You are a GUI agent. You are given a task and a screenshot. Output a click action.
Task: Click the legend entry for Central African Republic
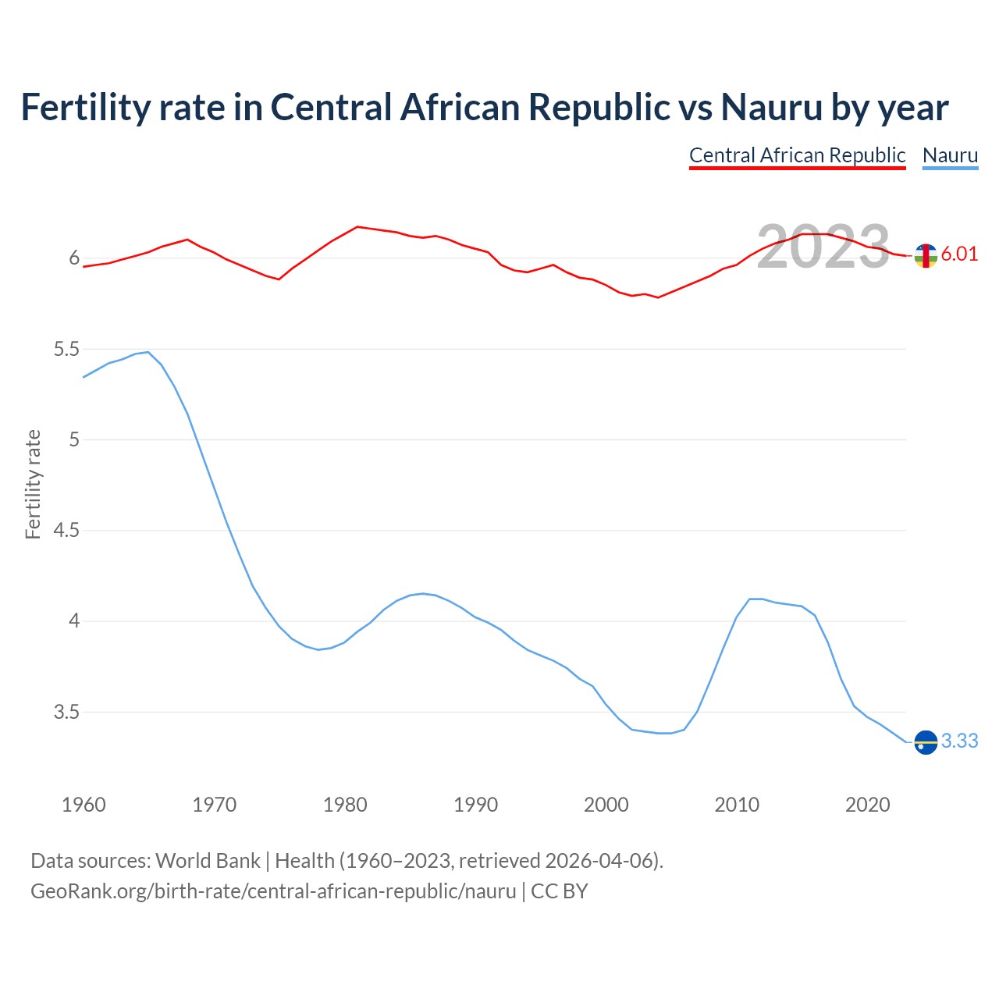(797, 155)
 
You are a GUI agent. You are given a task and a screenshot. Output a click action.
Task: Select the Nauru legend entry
(950, 155)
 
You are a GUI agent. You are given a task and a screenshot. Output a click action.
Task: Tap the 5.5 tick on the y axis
(66, 349)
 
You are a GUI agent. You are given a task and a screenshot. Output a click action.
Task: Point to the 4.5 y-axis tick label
(66, 531)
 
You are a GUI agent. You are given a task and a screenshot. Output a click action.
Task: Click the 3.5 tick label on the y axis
(66, 713)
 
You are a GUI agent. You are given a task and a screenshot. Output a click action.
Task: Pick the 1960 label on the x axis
(84, 805)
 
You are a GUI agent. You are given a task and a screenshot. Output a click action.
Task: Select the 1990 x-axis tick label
(475, 805)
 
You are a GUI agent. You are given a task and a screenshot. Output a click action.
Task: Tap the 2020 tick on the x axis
(867, 805)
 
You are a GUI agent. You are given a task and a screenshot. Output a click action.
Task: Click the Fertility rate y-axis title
(33, 484)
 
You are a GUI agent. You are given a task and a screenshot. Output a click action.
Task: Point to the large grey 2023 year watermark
(823, 247)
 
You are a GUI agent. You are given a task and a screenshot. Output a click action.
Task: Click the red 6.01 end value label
(959, 254)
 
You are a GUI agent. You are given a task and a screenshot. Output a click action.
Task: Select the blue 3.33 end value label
(959, 741)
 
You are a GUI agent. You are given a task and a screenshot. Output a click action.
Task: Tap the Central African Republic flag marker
(926, 255)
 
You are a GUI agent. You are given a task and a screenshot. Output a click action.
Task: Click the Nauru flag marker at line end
(926, 741)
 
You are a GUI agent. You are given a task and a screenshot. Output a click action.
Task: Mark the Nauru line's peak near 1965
(148, 352)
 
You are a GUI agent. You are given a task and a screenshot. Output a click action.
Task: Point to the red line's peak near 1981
(357, 227)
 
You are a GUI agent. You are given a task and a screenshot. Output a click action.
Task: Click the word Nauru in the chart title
(771, 107)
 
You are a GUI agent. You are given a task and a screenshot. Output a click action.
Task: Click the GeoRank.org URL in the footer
(273, 891)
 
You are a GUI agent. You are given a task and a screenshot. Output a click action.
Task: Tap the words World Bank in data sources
(208, 861)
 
